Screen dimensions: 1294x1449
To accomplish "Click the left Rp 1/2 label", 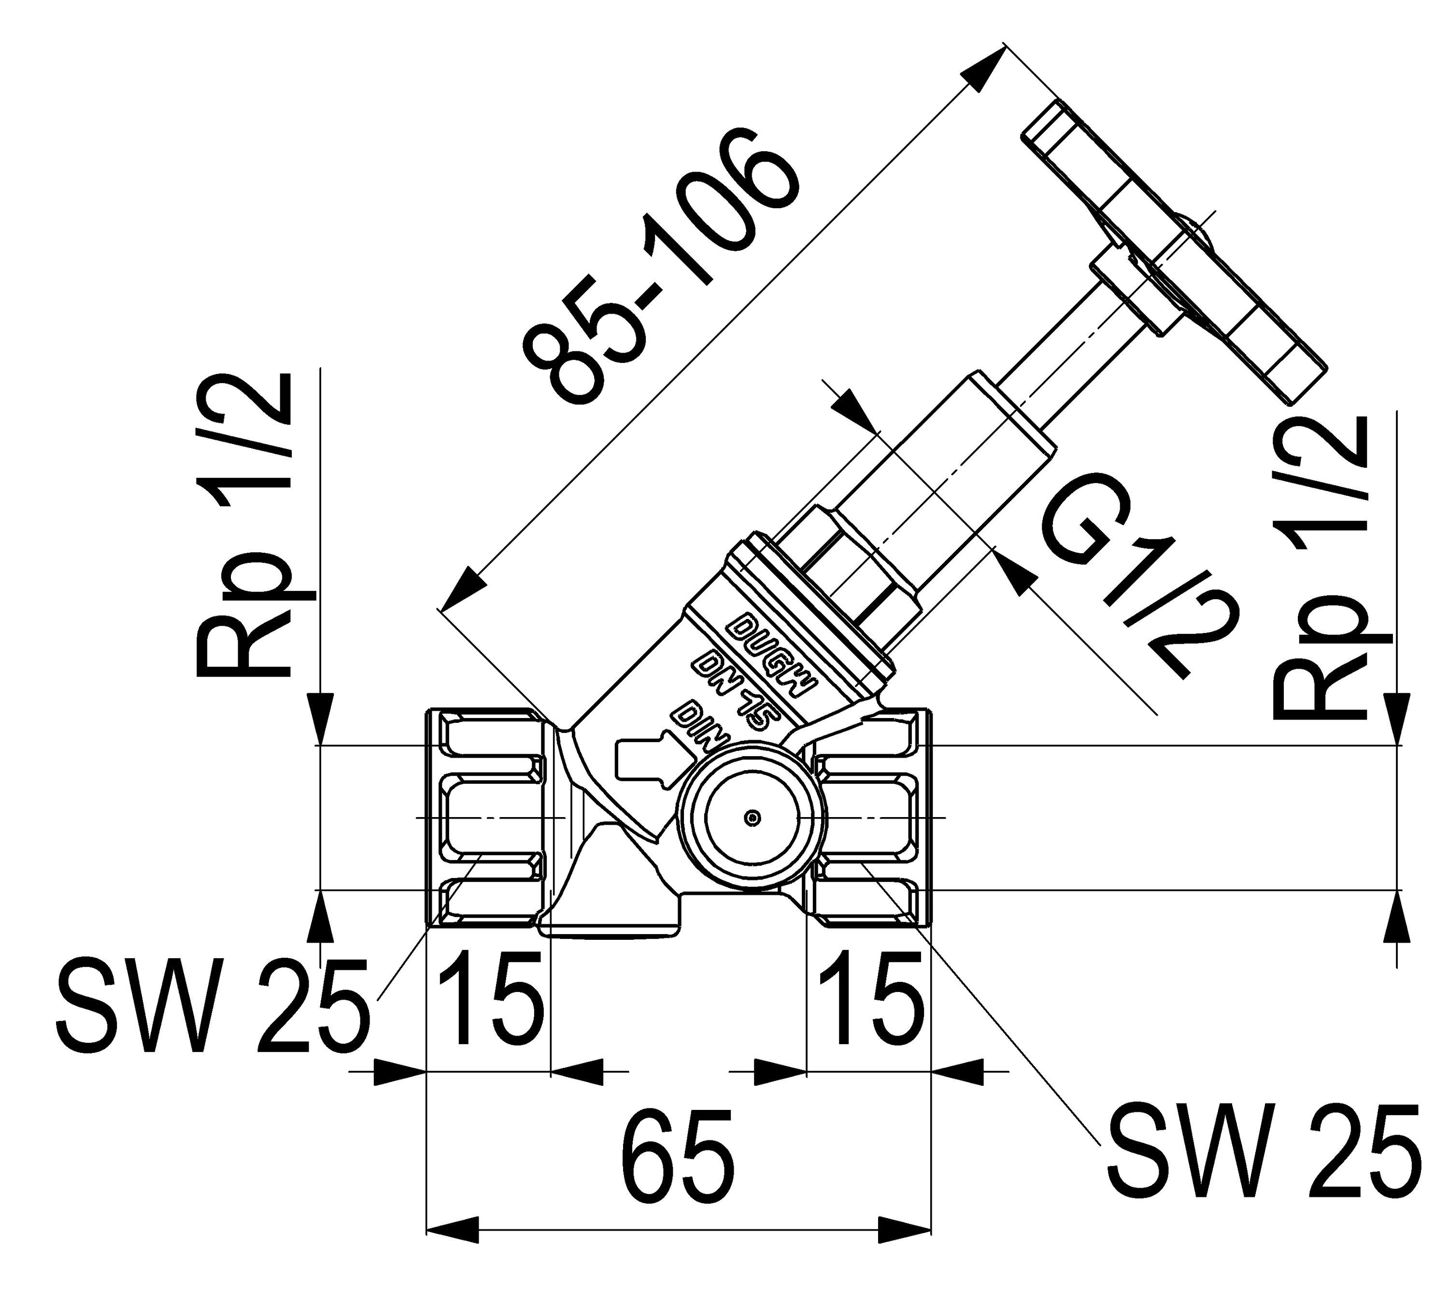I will (245, 526).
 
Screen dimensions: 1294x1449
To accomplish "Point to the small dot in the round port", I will (751, 819).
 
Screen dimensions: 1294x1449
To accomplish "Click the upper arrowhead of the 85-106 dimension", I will (984, 68).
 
